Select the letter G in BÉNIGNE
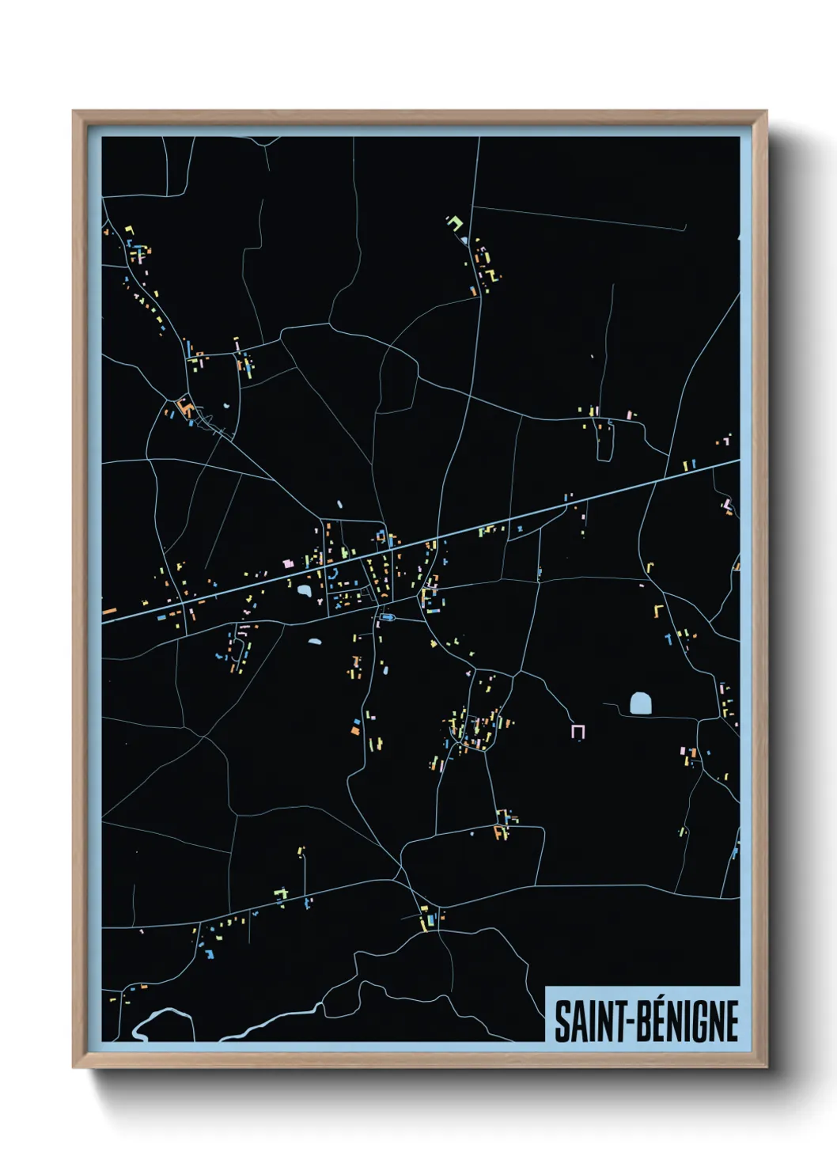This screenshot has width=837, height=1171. click(703, 1021)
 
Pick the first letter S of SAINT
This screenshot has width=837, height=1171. click(561, 1021)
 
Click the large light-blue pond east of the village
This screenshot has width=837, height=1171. click(641, 703)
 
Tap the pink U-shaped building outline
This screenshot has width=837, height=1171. click(578, 731)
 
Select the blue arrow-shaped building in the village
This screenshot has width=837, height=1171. click(388, 617)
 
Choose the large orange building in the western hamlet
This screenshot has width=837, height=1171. click(187, 408)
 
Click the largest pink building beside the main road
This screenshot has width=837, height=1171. click(288, 563)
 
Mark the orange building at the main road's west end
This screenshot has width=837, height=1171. click(109, 612)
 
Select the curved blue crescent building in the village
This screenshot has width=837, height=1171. click(333, 574)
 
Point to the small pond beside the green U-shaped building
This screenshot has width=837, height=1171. click(464, 240)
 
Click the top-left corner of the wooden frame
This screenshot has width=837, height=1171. click(74, 112)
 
